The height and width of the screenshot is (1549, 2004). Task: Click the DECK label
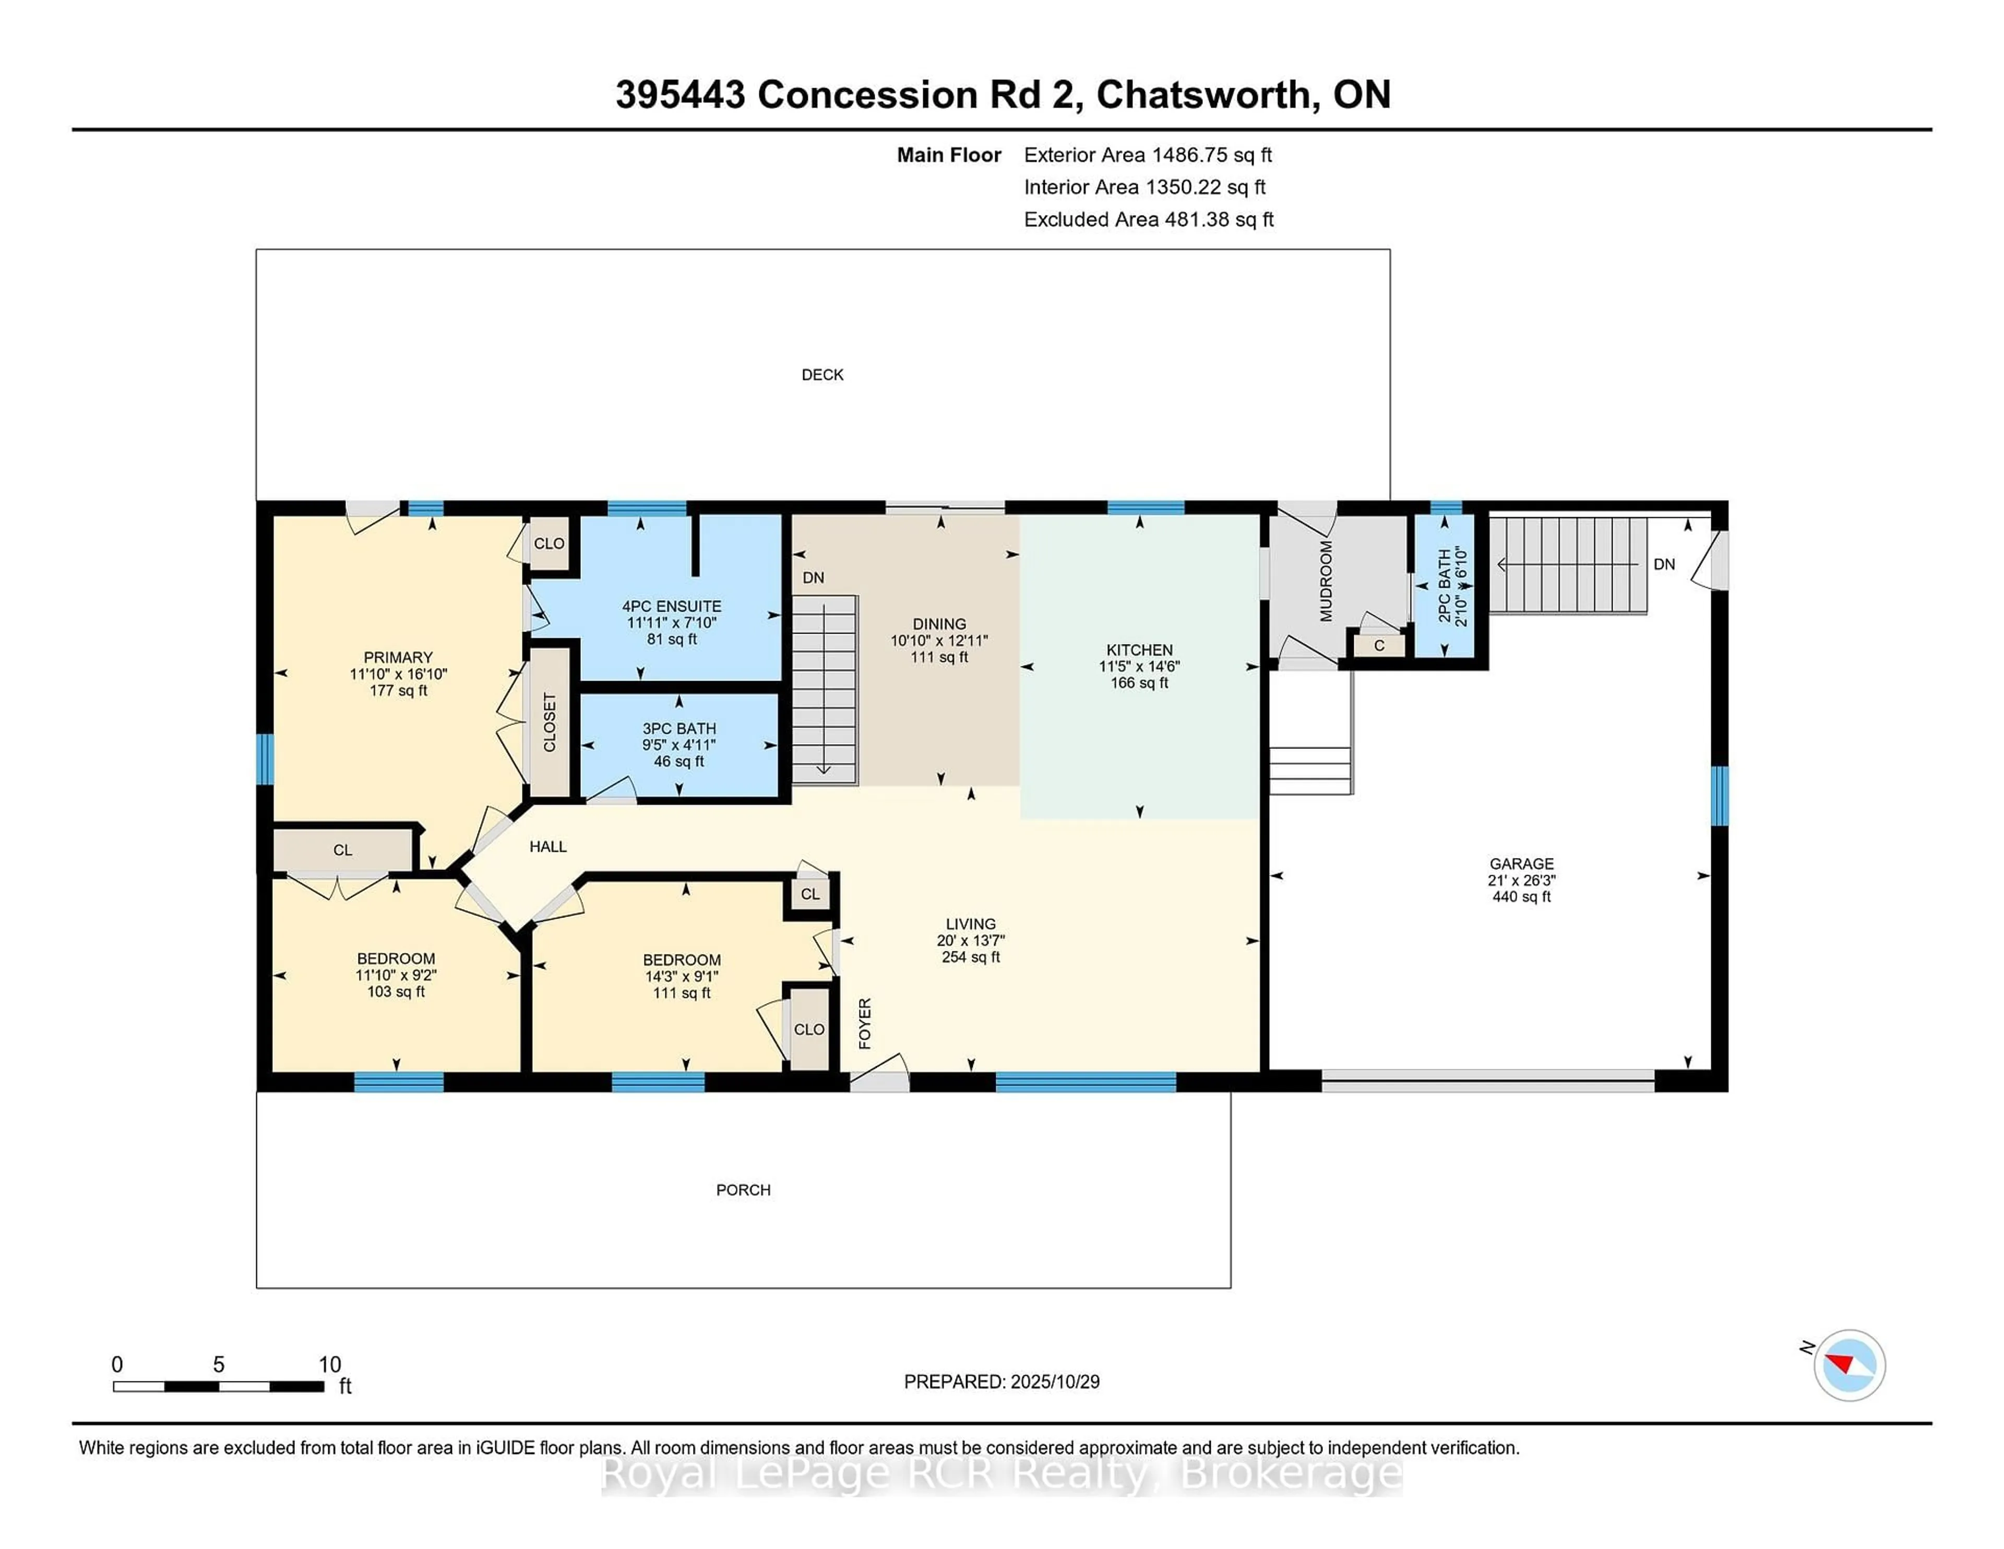pyautogui.click(x=822, y=374)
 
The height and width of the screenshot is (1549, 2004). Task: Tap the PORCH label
pyautogui.click(x=743, y=1190)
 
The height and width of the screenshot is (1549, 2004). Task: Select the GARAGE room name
pyautogui.click(x=1521, y=864)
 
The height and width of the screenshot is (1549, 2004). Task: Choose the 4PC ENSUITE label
pyautogui.click(x=672, y=606)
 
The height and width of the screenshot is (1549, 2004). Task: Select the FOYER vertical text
pyautogui.click(x=864, y=1023)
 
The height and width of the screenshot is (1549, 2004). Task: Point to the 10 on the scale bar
pyautogui.click(x=329, y=1365)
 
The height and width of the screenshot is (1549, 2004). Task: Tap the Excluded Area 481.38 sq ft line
pyautogui.click(x=1148, y=219)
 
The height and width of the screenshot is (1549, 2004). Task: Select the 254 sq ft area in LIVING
pyautogui.click(x=971, y=957)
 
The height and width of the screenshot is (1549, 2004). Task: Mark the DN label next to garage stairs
pyautogui.click(x=1664, y=564)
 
